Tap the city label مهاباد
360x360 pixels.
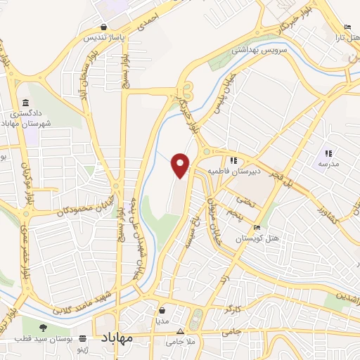(x=127, y=338)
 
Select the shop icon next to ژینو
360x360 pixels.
(x=83, y=337)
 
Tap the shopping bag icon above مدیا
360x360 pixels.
(x=162, y=309)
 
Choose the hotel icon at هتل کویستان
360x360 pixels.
(x=257, y=228)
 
